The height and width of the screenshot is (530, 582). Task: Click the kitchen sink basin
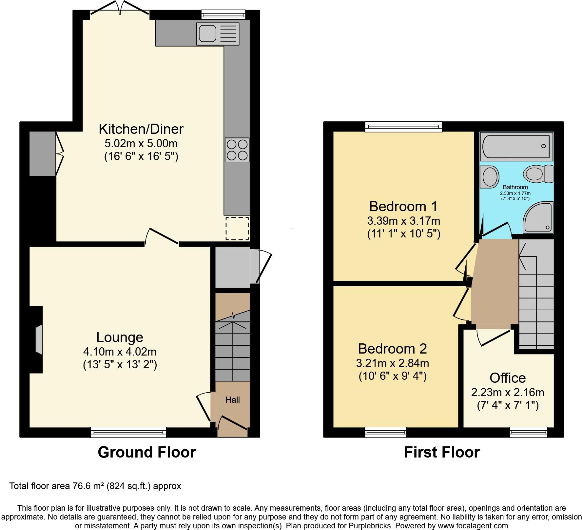point(207,33)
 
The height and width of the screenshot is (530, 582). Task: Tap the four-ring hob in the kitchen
point(237,150)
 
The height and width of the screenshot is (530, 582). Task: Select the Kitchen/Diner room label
point(141,129)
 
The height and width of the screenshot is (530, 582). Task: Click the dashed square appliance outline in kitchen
point(237,228)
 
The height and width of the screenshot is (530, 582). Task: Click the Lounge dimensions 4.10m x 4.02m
point(120,352)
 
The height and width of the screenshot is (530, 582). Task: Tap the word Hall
point(233,400)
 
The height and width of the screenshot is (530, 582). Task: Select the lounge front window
point(128,432)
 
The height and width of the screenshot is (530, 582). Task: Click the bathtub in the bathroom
point(516,146)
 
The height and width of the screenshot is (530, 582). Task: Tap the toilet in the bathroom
point(537,173)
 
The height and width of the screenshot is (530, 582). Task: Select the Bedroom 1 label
point(403,207)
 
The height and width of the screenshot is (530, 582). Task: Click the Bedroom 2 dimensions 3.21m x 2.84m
point(392,363)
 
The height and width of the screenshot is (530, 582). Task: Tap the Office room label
point(507,378)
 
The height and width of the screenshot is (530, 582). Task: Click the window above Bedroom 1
point(403,127)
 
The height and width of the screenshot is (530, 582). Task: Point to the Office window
point(528,432)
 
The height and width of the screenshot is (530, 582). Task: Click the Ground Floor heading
point(146,452)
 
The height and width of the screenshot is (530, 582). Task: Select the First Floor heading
point(441,452)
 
